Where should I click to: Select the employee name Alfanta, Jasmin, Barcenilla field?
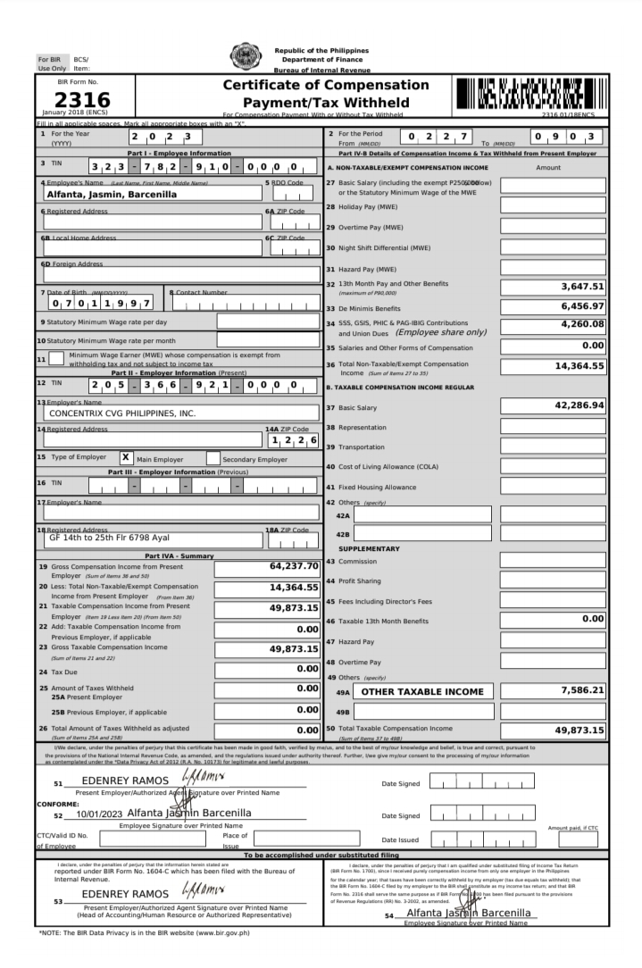[x=113, y=193]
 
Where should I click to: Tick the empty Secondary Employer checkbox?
[x=213, y=458]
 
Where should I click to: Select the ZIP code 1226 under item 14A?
[x=292, y=440]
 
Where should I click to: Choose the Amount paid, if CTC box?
[x=578, y=839]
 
